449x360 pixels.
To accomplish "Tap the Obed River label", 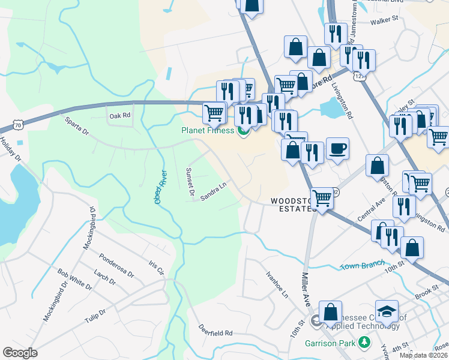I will click(160, 186).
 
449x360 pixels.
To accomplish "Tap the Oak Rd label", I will click(119, 115).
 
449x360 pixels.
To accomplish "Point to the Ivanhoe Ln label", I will click(277, 284).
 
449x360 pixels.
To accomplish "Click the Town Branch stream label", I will click(362, 265).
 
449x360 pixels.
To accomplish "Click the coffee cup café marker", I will click(337, 148).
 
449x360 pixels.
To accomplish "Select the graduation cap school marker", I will click(387, 311).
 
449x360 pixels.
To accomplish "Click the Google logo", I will click(20, 353).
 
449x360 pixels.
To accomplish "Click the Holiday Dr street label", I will click(10, 150).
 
